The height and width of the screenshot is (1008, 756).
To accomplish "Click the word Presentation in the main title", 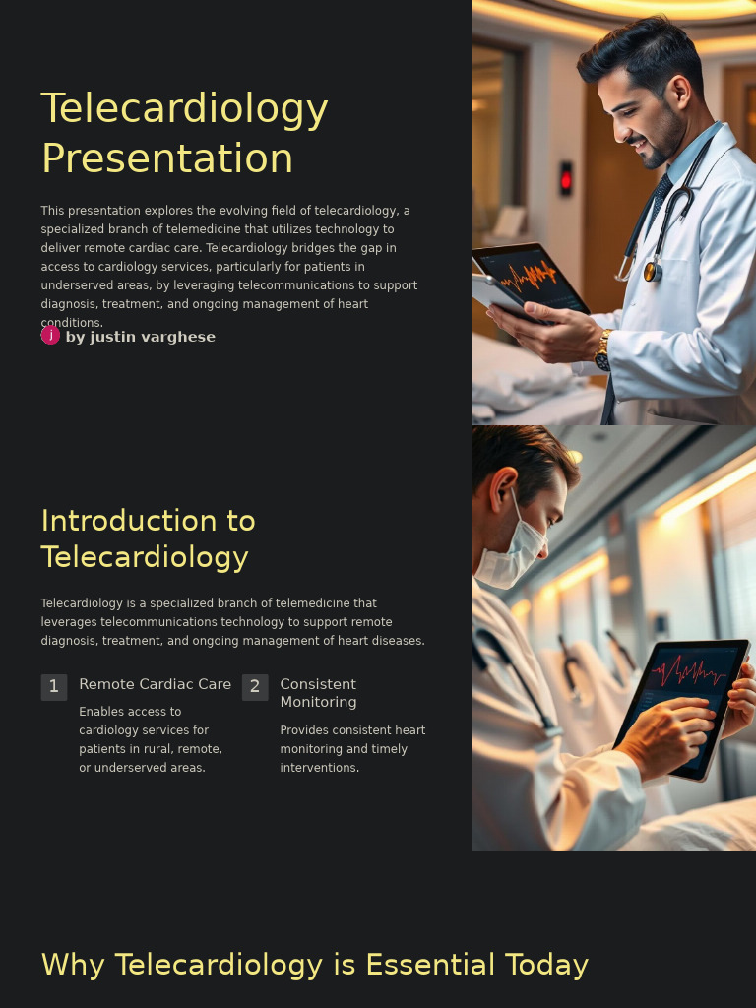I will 167,158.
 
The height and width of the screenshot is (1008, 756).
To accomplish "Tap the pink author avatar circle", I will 50,335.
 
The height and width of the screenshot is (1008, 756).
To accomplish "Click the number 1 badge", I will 54,687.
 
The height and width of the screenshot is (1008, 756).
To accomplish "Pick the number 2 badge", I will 255,687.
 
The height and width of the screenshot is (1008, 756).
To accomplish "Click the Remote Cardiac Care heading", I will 155,684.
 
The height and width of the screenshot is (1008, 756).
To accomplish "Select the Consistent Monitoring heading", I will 318,693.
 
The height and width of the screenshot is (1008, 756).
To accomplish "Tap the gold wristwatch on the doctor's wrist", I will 602,350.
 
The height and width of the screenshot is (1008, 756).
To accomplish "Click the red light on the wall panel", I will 565,179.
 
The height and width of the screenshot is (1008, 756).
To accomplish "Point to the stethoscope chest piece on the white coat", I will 652,271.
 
